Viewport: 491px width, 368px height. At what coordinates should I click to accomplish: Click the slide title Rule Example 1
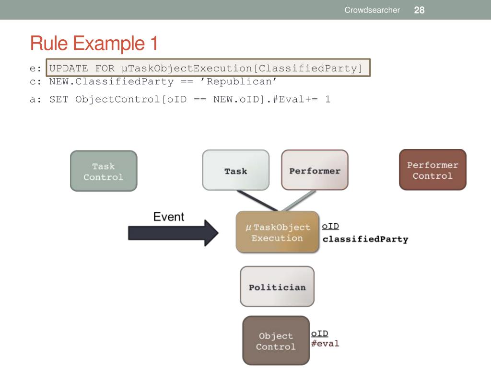(x=94, y=44)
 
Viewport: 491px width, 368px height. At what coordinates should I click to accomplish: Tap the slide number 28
(x=419, y=10)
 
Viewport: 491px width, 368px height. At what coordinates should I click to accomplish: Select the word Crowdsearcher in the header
(x=372, y=10)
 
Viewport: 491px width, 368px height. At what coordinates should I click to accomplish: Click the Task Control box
(x=104, y=172)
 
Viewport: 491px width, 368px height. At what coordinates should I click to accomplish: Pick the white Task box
(x=235, y=171)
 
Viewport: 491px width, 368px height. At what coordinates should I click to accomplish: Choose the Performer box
(x=315, y=171)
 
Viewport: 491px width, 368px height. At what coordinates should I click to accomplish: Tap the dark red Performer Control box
(x=433, y=170)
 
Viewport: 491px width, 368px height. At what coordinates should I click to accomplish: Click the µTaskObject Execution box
(x=277, y=232)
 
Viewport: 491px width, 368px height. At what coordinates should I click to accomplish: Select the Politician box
(x=277, y=287)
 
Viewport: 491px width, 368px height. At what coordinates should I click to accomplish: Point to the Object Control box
(x=276, y=341)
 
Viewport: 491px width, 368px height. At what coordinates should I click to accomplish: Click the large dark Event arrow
(x=173, y=233)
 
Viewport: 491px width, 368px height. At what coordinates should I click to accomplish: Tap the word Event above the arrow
(x=168, y=217)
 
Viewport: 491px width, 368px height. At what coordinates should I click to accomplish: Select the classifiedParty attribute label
(x=365, y=239)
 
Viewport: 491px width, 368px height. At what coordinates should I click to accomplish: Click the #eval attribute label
(x=325, y=343)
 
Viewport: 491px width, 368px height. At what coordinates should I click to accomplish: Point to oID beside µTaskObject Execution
(x=330, y=226)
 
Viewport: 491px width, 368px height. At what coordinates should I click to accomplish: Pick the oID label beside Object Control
(x=319, y=333)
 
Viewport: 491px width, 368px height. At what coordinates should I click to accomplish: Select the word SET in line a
(x=59, y=99)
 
